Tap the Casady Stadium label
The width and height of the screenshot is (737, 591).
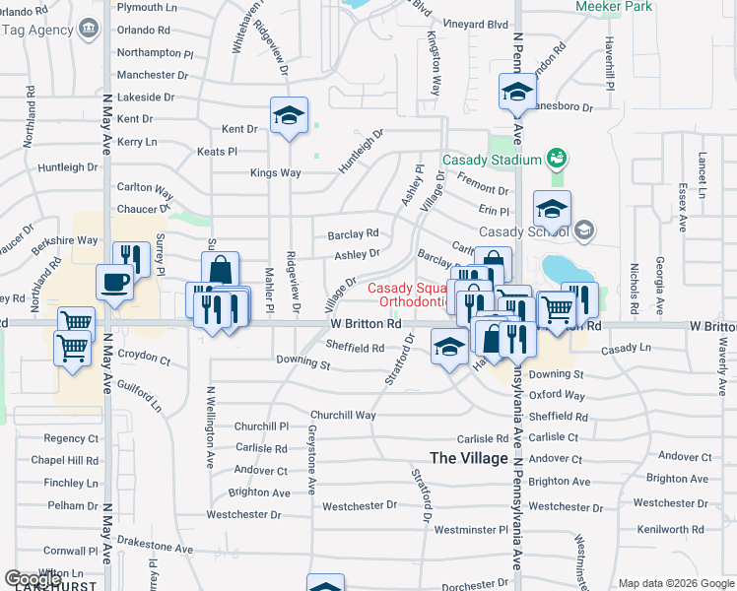click(492, 160)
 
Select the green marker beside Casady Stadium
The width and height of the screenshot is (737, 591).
click(557, 158)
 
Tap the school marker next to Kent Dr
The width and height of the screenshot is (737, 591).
click(289, 116)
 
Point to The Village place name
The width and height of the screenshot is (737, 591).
click(469, 458)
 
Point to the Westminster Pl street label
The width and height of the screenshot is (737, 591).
click(474, 529)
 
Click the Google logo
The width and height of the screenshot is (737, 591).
click(33, 579)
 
